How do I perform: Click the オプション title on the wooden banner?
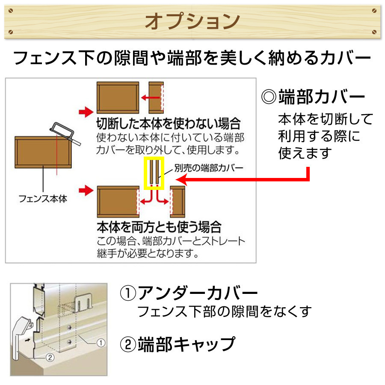(x=192, y=21)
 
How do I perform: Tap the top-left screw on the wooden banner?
(x=11, y=11)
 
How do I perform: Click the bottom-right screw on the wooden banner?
(x=374, y=32)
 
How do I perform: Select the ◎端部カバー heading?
(x=313, y=97)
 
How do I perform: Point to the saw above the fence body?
(x=65, y=134)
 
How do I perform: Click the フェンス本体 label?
(x=43, y=198)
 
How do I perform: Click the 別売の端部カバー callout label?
(x=209, y=168)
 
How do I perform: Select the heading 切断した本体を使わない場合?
(x=169, y=124)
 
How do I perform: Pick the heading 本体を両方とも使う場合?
(x=159, y=227)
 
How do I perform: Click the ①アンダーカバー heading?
(x=189, y=293)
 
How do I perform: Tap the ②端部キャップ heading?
(x=178, y=344)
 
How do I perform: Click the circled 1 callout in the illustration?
(x=101, y=343)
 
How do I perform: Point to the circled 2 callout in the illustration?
(x=50, y=357)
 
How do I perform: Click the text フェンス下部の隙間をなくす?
(x=225, y=311)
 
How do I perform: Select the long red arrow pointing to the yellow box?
(x=246, y=180)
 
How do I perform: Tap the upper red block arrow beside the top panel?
(x=86, y=112)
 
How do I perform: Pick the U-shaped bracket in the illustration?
(x=82, y=302)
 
